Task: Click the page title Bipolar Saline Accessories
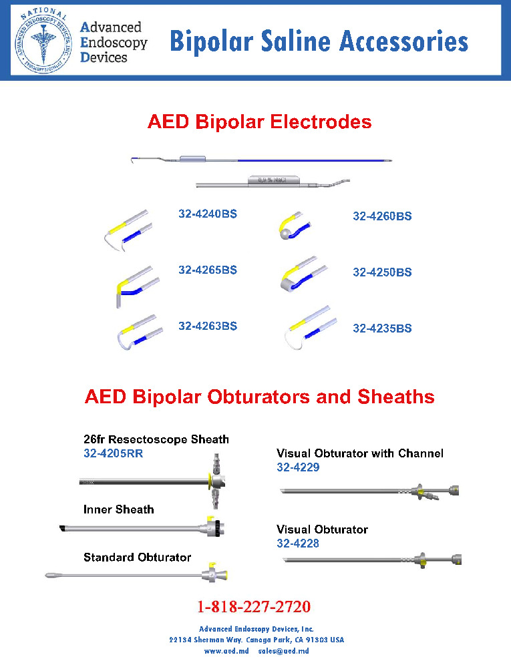pos(319,41)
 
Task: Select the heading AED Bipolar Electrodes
pos(259,122)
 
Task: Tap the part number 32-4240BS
pos(208,214)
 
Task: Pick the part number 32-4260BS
pos(382,216)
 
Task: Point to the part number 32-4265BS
pos(208,270)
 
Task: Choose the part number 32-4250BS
pos(382,272)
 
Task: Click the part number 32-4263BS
pos(208,326)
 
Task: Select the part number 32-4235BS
pos(382,328)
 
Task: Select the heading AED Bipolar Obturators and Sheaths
pos(259,397)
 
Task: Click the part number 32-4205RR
pos(114,454)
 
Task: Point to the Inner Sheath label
pos(119,509)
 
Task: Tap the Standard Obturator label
pos(137,558)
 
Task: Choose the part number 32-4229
pos(298,467)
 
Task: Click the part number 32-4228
pos(298,543)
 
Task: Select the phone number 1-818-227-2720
pos(254,608)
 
